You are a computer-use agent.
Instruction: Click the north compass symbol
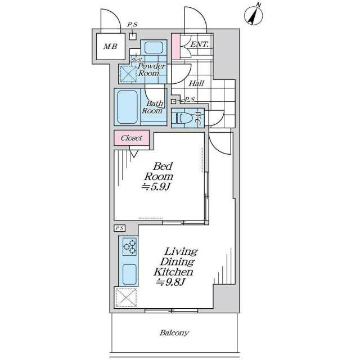254,15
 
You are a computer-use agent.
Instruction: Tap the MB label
110,47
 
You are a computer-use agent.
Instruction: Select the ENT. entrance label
200,44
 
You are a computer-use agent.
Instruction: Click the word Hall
196,83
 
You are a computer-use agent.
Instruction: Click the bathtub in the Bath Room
128,107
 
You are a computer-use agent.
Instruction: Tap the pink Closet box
132,138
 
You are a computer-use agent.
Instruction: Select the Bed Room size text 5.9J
156,187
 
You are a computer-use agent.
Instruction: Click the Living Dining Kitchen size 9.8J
170,282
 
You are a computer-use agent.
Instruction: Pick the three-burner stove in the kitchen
129,247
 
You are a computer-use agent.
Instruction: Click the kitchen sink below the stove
129,274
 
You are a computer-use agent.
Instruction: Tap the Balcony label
174,333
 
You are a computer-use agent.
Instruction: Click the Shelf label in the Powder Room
136,60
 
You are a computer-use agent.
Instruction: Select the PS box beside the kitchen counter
119,228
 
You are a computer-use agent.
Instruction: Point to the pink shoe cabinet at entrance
176,46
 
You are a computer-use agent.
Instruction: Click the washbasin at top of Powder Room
154,47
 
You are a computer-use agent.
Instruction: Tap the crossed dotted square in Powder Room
128,74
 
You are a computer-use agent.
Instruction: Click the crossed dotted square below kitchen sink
126,298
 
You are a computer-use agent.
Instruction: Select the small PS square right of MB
133,37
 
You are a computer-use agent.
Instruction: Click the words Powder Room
151,70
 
